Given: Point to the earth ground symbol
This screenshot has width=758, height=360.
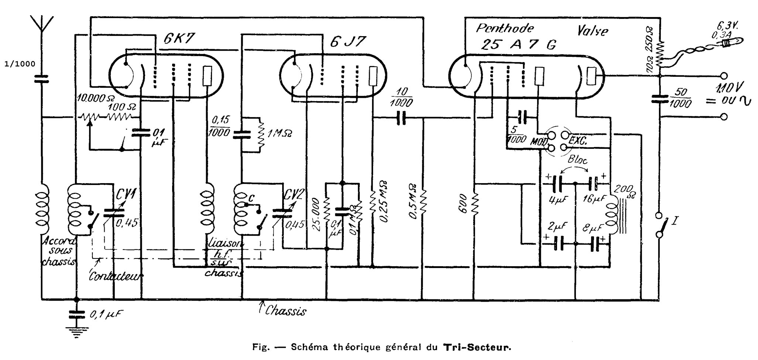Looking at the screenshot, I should [x=76, y=333].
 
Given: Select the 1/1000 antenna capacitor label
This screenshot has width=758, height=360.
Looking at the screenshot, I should [x=20, y=64].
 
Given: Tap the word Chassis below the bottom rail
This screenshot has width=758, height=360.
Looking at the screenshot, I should [x=288, y=311].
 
